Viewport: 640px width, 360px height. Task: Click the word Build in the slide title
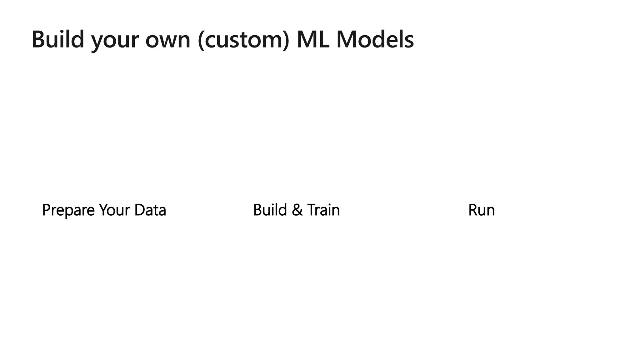click(x=58, y=39)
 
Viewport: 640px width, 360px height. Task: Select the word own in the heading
click(x=168, y=41)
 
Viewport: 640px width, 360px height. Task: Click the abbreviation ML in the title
click(x=313, y=39)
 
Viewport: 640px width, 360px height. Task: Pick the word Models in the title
click(x=375, y=39)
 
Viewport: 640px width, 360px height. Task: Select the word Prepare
click(x=68, y=210)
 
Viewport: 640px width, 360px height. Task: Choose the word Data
click(x=150, y=210)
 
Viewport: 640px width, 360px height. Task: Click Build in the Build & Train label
click(x=270, y=210)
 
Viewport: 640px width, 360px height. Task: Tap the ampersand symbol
click(x=297, y=210)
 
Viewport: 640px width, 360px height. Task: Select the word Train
click(x=323, y=210)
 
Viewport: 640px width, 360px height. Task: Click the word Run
click(x=481, y=210)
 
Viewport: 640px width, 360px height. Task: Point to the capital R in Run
click(x=472, y=210)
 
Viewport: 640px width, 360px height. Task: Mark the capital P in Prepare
click(x=46, y=210)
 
